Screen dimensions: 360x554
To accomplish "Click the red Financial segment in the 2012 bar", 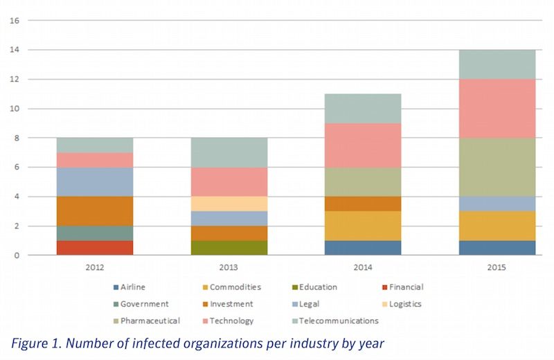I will coord(95,247).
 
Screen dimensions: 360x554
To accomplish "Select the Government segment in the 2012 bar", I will coord(95,233).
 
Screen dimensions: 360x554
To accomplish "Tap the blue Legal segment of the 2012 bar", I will coord(95,181).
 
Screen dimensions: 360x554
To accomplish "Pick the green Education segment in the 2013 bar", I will coord(229,247).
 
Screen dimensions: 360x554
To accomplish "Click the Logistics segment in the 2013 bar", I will coord(229,204).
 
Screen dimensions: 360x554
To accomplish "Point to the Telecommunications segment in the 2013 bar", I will coord(229,152).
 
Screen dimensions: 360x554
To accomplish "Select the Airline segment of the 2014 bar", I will coord(364,247).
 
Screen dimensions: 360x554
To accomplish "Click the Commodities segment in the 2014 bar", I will coord(364,226).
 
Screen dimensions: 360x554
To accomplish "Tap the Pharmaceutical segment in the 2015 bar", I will coord(498,167).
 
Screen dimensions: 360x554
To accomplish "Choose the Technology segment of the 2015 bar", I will coord(498,109).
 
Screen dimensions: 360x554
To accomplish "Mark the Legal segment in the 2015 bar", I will coord(498,204).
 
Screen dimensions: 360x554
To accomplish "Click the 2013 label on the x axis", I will coord(229,267).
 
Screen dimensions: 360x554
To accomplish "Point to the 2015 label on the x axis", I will coord(498,267).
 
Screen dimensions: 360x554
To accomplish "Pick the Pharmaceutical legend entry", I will coord(149,321).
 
